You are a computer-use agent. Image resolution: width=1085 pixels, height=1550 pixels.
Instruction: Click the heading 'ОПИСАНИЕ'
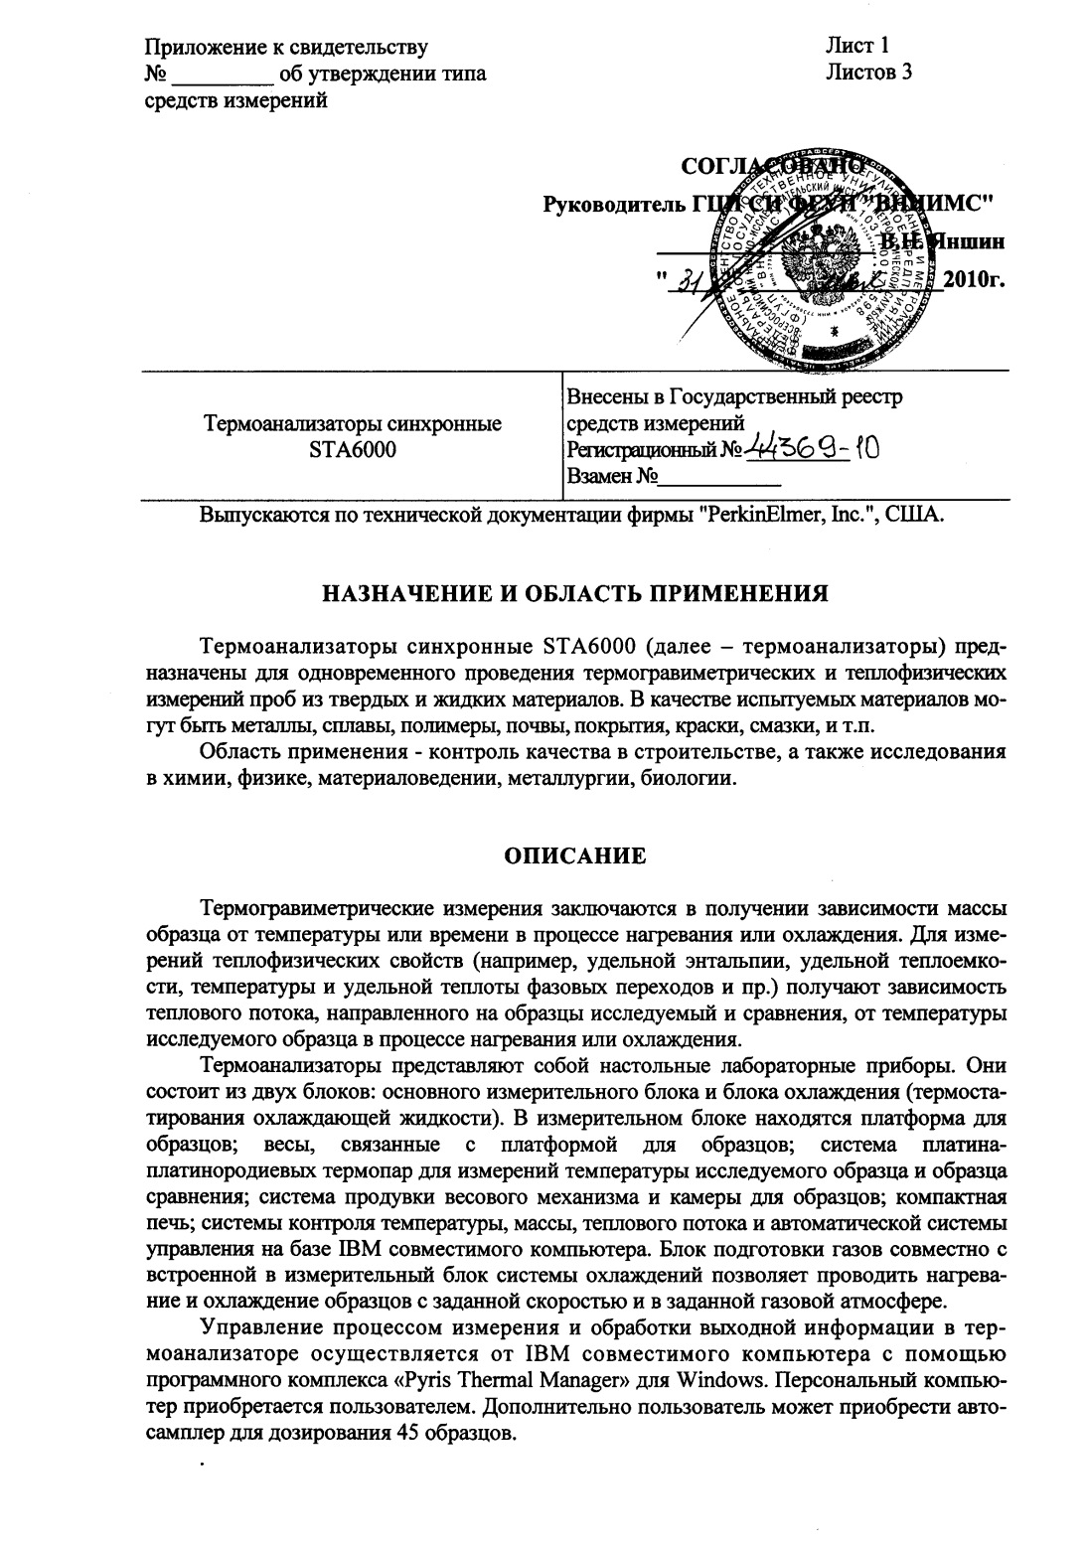click(x=576, y=855)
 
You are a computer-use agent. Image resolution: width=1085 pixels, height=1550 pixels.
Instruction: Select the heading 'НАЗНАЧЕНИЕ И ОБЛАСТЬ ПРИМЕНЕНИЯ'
click(x=576, y=594)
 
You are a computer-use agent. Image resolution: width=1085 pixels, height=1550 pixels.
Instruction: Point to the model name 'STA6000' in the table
click(x=353, y=450)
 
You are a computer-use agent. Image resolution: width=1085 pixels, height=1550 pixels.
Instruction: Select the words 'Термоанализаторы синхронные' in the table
click(x=353, y=424)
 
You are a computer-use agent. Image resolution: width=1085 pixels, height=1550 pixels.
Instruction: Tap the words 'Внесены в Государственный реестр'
click(x=735, y=398)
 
